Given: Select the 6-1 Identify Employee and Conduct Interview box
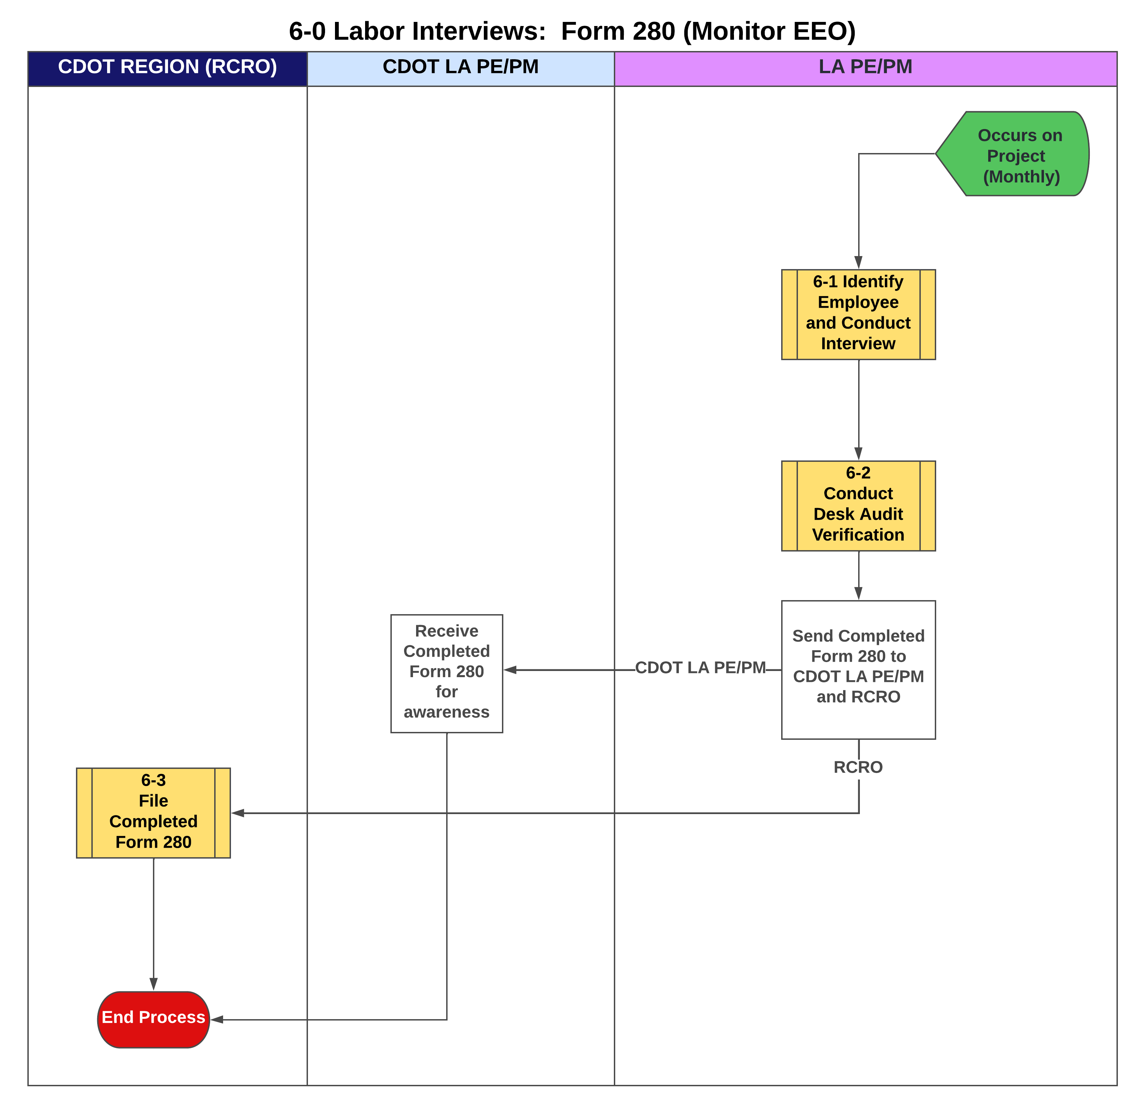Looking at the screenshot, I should tap(858, 315).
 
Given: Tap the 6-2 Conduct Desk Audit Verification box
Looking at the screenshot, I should tap(858, 506).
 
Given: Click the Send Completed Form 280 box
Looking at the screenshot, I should tap(858, 670).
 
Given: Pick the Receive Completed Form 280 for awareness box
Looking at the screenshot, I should tap(447, 673).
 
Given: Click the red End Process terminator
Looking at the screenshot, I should tap(153, 1019).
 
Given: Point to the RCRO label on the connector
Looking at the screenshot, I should tap(858, 767).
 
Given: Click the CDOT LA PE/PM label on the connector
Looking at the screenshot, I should tap(700, 668).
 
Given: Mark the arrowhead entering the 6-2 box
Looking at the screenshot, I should tap(859, 454).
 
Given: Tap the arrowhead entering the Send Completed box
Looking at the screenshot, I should tap(859, 594).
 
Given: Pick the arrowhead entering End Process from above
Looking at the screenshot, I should tap(153, 984).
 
